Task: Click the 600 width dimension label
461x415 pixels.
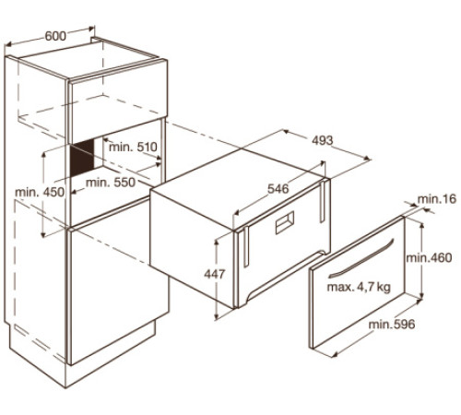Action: (55, 36)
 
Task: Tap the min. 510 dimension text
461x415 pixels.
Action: (133, 147)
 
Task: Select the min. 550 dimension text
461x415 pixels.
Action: (111, 183)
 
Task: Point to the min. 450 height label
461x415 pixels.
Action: (40, 192)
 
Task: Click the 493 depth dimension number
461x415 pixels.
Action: (323, 140)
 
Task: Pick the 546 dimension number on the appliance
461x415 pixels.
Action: (278, 189)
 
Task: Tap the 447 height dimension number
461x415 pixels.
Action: (215, 274)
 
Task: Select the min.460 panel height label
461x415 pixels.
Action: (429, 257)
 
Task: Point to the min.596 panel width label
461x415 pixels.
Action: (392, 324)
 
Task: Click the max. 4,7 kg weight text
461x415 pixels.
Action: (359, 287)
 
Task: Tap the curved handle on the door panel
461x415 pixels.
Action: (361, 258)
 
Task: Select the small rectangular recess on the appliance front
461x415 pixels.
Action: (285, 222)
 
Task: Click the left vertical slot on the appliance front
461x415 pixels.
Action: (246, 247)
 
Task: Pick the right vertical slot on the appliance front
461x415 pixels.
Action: (323, 202)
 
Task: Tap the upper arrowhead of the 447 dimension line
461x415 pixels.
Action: (217, 243)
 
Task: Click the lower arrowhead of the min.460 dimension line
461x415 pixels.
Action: (421, 295)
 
